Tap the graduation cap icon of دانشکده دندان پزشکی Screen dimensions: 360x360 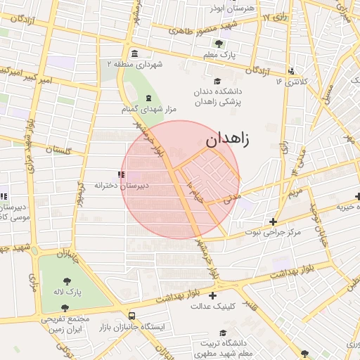tap(217, 81)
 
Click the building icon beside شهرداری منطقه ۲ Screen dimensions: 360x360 tap(134, 54)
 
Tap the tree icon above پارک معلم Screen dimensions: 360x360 tap(219, 44)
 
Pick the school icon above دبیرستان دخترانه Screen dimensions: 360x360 tap(121, 174)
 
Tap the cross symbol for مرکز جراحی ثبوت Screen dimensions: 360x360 tap(273, 221)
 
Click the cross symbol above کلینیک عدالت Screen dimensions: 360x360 tap(212, 296)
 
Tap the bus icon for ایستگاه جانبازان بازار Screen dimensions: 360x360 tap(131, 316)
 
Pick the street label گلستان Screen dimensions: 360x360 tap(59, 150)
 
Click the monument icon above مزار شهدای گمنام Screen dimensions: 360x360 tap(148, 97)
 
